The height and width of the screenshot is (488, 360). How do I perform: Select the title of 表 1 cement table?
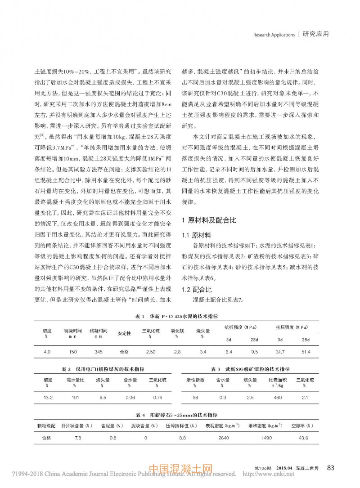pyautogui.click(x=180, y=317)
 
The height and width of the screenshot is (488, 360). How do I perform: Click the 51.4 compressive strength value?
pyautogui.click(x=306, y=351)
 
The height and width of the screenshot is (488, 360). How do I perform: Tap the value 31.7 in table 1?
pyautogui.click(x=280, y=351)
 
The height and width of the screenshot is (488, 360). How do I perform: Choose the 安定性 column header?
pyautogui.click(x=124, y=333)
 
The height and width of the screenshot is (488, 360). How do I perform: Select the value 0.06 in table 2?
pyautogui.click(x=130, y=398)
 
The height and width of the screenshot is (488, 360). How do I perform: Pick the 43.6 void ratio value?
pyautogui.click(x=303, y=438)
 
